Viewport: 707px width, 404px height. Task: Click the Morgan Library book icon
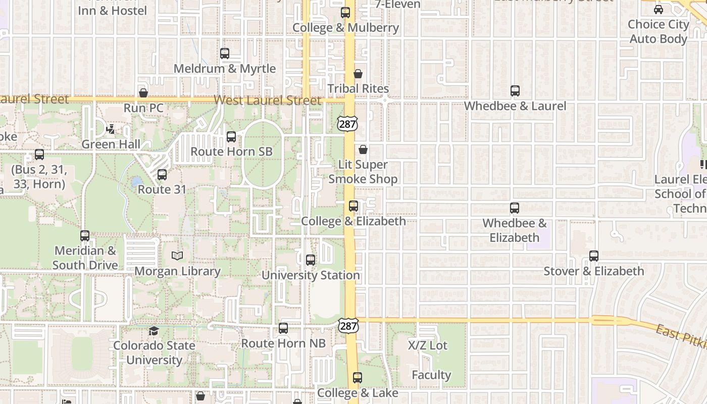pos(177,256)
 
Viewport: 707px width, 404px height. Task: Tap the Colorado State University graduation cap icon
pos(154,331)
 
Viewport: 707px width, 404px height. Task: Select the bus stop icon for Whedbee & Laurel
pos(515,91)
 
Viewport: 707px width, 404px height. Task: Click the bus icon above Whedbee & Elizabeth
pos(515,208)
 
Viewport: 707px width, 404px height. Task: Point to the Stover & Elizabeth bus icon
pos(594,256)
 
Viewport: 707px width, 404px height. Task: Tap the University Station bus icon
pos(311,260)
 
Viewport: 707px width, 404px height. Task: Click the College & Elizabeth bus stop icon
pos(353,206)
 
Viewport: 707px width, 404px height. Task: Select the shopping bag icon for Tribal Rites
pos(358,74)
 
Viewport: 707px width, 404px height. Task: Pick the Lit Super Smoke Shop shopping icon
pos(363,149)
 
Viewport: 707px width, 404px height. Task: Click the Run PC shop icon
pos(143,93)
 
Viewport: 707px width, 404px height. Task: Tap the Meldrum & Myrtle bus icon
pos(225,53)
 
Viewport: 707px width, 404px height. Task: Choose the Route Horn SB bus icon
pos(231,136)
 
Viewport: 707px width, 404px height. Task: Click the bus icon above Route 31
pos(162,175)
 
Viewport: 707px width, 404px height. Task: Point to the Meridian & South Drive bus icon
pos(85,236)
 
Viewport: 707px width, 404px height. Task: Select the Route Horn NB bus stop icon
pos(283,328)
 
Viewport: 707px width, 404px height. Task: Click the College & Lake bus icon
pos(358,377)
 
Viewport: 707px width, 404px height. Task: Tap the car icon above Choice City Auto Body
pos(659,9)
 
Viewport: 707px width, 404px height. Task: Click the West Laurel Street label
pos(268,100)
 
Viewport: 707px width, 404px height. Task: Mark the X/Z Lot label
pos(428,345)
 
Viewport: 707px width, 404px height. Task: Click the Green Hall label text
pos(111,144)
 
